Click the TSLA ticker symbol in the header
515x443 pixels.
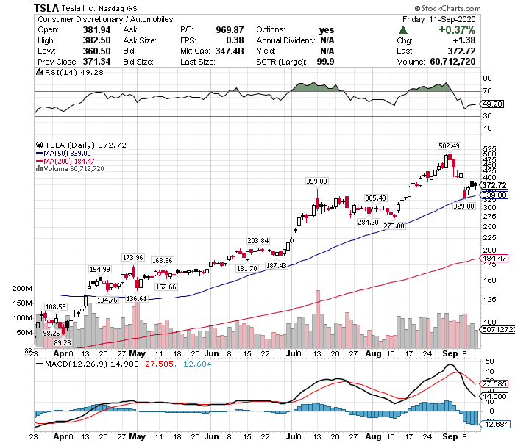click(46, 7)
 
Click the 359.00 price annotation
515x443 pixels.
click(316, 181)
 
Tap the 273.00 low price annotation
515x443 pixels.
click(394, 226)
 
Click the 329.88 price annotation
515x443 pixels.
click(464, 206)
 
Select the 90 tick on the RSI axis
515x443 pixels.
click(486, 77)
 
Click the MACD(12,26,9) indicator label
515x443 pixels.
click(69, 364)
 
